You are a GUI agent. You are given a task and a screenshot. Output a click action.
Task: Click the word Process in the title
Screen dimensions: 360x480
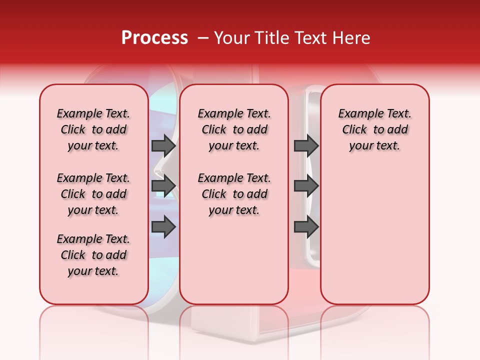154,38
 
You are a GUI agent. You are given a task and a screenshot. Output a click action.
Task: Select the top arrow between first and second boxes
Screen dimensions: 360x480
163,145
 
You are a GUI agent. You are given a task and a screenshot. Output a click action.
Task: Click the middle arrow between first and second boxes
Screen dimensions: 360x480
163,186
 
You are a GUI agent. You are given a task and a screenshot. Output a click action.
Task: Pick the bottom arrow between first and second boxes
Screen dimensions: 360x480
163,227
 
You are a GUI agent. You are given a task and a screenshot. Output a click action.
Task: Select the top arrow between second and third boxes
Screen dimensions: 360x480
306,145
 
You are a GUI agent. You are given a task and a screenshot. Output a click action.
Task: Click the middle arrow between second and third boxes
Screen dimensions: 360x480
306,186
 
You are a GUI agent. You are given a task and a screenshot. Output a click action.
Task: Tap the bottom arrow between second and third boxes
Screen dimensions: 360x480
306,227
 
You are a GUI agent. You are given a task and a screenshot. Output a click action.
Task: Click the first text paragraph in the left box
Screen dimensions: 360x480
93,129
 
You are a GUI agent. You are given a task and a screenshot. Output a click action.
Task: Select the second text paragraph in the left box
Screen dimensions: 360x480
93,194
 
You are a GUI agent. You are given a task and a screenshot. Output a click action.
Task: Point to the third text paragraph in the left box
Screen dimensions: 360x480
93,255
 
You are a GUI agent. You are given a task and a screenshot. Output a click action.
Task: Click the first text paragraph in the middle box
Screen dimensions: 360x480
234,129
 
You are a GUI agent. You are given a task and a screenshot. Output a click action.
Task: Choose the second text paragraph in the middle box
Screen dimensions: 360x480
234,194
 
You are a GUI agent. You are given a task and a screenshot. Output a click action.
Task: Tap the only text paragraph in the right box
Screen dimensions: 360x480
374,129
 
